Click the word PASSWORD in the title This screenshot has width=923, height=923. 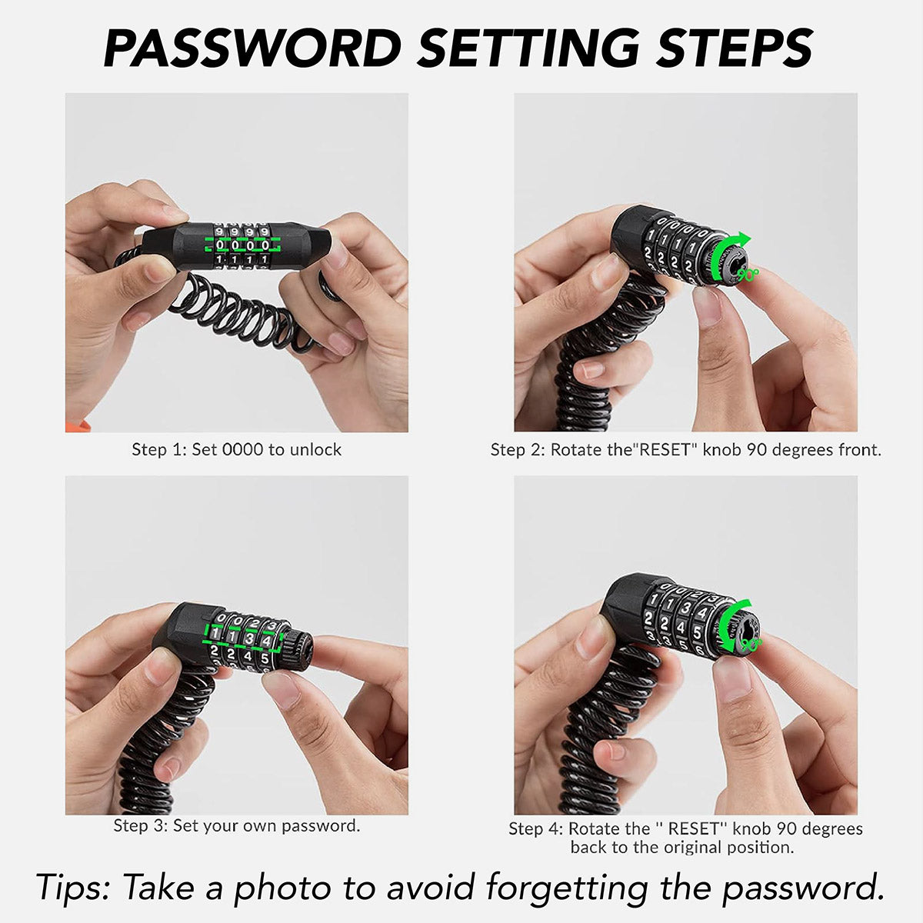pos(252,48)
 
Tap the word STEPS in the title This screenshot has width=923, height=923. pos(734,48)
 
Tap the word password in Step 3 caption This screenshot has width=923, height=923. pos(321,825)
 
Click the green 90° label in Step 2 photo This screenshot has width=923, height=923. pos(748,275)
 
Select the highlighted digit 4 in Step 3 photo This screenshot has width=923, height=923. pos(267,641)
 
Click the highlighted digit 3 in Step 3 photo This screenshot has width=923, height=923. pos(249,638)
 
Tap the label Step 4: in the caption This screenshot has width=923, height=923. pos(536,828)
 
